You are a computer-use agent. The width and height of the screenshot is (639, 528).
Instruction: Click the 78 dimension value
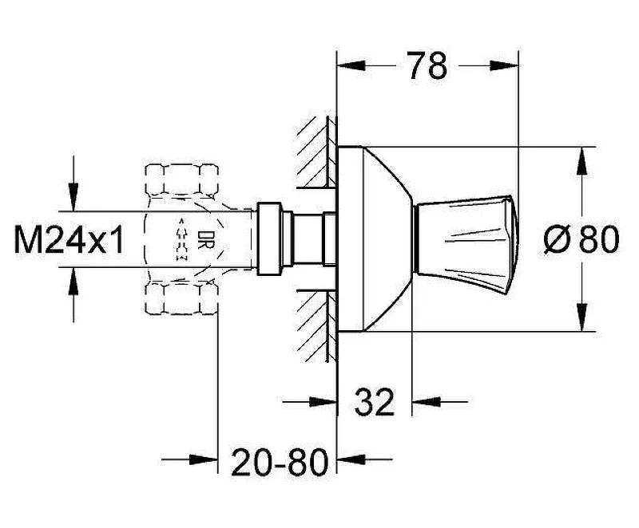427,65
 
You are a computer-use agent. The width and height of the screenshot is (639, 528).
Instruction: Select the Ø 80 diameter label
581,239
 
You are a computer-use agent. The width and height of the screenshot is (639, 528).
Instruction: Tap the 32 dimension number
375,402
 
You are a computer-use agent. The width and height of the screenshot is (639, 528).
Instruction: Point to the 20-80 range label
279,462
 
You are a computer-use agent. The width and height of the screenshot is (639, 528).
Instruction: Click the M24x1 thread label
69,239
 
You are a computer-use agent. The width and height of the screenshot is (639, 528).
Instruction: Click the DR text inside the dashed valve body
203,240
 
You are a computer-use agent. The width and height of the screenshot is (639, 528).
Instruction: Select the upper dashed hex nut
182,179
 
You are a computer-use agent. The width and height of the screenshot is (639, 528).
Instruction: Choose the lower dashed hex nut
182,298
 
